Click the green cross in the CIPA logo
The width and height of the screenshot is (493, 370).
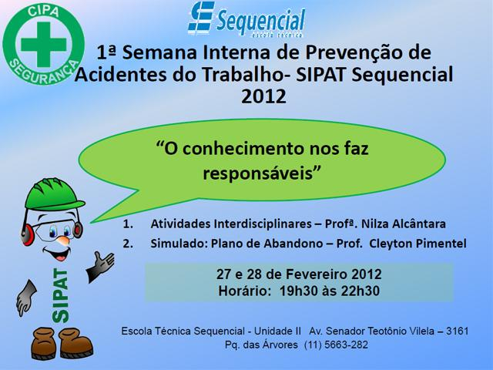pyautogui.click(x=44, y=44)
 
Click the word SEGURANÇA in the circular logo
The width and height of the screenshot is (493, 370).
pyautogui.click(x=44, y=72)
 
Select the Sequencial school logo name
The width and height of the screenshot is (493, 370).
pyautogui.click(x=260, y=22)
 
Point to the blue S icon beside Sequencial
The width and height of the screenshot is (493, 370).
pyautogui.click(x=201, y=18)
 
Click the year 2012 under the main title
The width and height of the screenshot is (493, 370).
pyautogui.click(x=263, y=96)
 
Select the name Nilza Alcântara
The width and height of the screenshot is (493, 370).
pyautogui.click(x=404, y=224)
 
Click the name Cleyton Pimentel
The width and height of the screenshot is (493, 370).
pyautogui.click(x=418, y=244)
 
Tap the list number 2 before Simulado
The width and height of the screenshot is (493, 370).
pyautogui.click(x=128, y=244)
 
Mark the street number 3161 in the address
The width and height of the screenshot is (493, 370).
pyautogui.click(x=458, y=331)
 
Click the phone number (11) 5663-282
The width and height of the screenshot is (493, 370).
pyautogui.click(x=336, y=345)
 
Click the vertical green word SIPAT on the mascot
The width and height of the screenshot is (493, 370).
pyautogui.click(x=60, y=295)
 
